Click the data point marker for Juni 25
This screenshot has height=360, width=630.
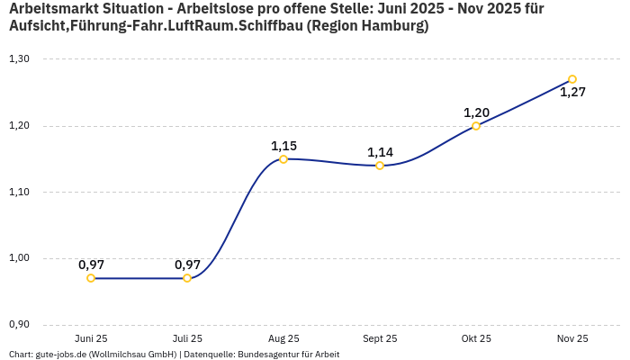coord(91,278)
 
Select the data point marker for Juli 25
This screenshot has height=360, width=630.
coord(187,278)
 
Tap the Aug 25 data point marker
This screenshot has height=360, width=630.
coord(283,159)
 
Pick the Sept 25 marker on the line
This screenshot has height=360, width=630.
coord(380,166)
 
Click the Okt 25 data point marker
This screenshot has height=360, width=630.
coord(476,126)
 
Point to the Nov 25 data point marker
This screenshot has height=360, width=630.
coord(572,79)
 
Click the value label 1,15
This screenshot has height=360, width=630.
coord(283,146)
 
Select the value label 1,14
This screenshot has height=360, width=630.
coord(380,152)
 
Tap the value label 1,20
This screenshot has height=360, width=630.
coord(476,112)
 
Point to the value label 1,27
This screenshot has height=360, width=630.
coord(572,92)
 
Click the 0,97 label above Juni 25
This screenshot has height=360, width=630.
coord(91,265)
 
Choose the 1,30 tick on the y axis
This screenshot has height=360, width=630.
coord(19,59)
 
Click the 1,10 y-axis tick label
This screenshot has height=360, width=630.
coord(19,192)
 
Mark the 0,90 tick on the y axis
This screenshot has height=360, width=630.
coord(19,324)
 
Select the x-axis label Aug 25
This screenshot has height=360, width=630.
coord(283,339)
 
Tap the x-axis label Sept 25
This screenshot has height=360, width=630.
coord(380,339)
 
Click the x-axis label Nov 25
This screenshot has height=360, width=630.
coord(572,339)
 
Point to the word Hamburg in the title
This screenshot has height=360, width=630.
coord(391,26)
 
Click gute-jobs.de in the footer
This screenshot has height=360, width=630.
coord(60,355)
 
